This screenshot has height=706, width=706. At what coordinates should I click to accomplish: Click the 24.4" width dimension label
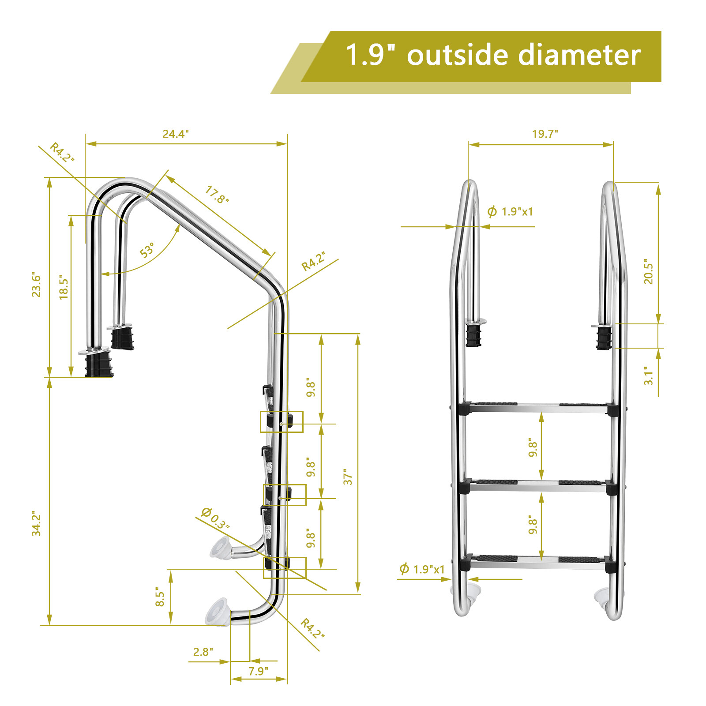176,134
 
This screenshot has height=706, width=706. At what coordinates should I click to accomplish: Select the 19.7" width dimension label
545,134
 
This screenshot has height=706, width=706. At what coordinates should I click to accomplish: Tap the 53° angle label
147,250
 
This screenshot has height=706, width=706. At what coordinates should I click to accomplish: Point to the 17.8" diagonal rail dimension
217,195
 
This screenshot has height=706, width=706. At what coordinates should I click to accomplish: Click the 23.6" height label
36,284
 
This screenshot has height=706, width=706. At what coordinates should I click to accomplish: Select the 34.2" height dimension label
36,524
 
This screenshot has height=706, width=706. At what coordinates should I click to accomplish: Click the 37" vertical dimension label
348,477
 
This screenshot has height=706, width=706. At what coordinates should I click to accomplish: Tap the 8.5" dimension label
160,597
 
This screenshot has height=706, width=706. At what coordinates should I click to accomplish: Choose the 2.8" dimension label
203,652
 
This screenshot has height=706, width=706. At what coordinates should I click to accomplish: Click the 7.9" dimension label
258,671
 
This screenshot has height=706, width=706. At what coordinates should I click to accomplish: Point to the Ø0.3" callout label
215,518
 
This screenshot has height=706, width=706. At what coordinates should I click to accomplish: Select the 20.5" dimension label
648,271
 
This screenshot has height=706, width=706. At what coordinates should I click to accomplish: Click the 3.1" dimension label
648,376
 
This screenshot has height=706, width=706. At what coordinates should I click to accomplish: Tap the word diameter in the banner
579,55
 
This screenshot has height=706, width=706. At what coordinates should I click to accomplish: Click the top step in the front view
538,408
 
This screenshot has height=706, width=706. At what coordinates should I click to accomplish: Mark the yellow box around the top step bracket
282,422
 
